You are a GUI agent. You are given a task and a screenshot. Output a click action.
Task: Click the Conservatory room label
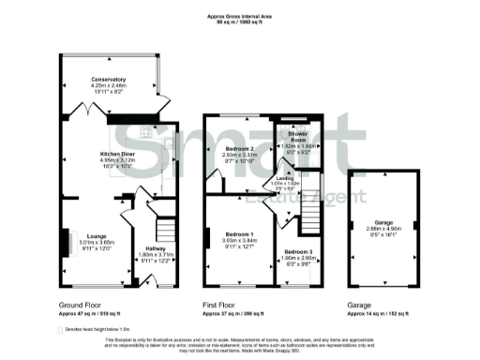coord(109,80)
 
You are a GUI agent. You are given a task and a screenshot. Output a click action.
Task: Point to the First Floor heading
coord(223,306)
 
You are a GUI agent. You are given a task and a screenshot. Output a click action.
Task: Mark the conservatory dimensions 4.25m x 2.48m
coord(109,86)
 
